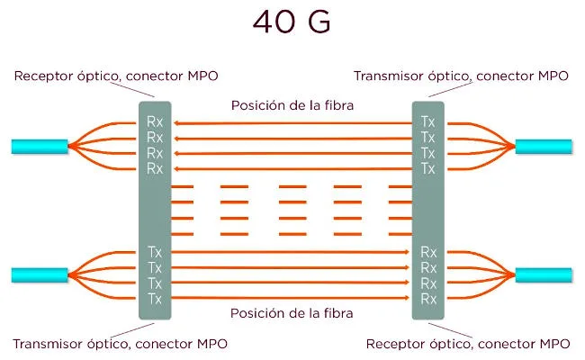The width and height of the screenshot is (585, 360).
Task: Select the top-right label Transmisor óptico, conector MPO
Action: tap(461, 76)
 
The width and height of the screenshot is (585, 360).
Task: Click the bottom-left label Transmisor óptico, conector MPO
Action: tap(121, 343)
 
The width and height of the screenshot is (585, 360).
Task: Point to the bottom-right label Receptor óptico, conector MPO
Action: tap(469, 343)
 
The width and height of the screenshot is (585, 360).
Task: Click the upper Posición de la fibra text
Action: tap(292, 105)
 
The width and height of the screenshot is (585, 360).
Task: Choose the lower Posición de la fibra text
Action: tap(292, 314)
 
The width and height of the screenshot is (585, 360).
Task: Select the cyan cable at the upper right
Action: tap(544, 145)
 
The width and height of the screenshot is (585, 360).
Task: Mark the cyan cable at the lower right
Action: tap(544, 274)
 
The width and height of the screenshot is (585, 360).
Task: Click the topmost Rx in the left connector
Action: tap(155, 121)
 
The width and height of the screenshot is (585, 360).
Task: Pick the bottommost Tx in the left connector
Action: tap(155, 299)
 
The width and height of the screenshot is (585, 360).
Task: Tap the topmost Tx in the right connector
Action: tap(428, 121)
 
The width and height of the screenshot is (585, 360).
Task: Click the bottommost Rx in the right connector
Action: tap(428, 299)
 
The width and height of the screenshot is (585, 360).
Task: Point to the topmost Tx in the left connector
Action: tap(155, 252)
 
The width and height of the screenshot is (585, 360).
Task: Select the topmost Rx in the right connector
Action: tap(428, 252)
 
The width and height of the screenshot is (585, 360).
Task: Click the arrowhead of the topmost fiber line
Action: tap(176, 121)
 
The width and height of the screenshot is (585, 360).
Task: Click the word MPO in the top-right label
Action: tap(551, 76)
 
